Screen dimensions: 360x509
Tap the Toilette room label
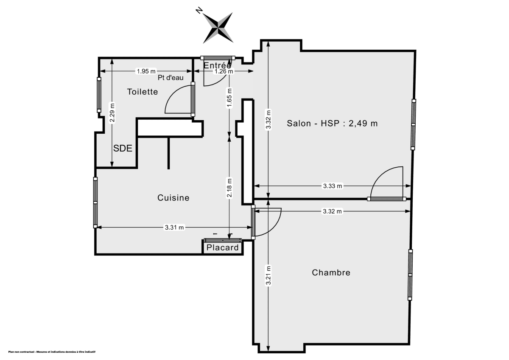click(143, 92)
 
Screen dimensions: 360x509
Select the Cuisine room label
click(173, 198)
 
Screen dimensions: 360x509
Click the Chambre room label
click(331, 273)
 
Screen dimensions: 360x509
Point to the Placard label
click(223, 247)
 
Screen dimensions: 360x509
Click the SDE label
click(123, 149)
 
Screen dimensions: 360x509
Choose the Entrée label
click(217, 66)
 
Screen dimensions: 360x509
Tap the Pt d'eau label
click(171, 78)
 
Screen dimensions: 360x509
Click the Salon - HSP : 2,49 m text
click(332, 124)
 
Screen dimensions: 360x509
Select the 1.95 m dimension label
click(146, 71)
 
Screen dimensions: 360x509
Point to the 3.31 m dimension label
click(174, 228)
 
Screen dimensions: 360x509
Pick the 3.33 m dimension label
click(333, 186)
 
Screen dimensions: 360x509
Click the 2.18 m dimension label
click(229, 188)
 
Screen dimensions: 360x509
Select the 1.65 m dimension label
click(229, 98)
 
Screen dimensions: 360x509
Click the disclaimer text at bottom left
click(52, 352)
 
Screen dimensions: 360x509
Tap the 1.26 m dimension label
click(224, 72)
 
